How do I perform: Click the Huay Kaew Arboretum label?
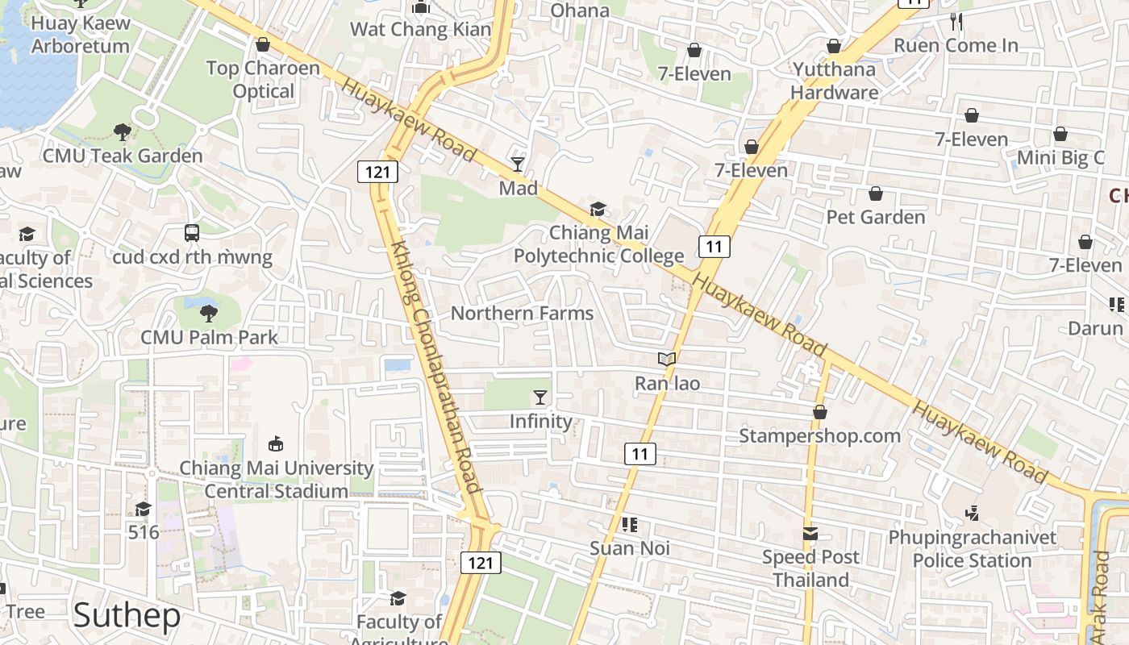click(x=81, y=35)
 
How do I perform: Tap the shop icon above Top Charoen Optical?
click(x=262, y=45)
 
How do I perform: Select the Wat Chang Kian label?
click(x=420, y=30)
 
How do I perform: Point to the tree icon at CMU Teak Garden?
click(x=123, y=131)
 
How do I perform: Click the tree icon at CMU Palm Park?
click(x=209, y=314)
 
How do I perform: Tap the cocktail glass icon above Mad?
click(x=518, y=164)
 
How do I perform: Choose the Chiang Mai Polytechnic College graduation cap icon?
click(x=598, y=210)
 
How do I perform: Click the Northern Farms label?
click(x=522, y=314)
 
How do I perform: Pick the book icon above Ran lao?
click(x=667, y=360)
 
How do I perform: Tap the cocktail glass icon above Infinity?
click(x=540, y=397)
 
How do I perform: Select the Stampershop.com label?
click(x=820, y=436)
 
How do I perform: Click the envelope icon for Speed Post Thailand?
click(x=810, y=534)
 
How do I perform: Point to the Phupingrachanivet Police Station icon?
click(x=972, y=514)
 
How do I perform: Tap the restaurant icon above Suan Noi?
click(x=630, y=526)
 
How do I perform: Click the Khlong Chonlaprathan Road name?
click(x=436, y=367)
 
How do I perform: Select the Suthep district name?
click(x=127, y=616)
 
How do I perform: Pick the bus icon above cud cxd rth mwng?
click(x=192, y=233)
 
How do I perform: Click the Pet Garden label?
click(x=876, y=217)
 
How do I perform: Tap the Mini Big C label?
click(x=1060, y=158)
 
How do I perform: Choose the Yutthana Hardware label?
click(x=834, y=81)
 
